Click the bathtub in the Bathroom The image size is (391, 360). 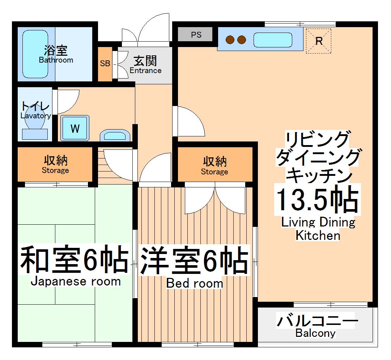[x=35, y=54]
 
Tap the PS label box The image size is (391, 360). [x=196, y=35]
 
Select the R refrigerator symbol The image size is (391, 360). [x=319, y=41]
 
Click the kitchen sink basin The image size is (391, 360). [x=273, y=40]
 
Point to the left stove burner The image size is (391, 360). [x=230, y=39]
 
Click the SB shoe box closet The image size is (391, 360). [x=105, y=64]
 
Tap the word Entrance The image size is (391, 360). [x=145, y=71]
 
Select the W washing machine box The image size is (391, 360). [x=75, y=128]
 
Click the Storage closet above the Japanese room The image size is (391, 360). [x=55, y=164]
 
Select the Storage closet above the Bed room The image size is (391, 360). [x=214, y=165]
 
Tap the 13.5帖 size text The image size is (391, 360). [x=317, y=200]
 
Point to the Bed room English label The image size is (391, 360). [x=194, y=283]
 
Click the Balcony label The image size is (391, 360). [x=315, y=333]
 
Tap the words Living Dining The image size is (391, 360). [x=318, y=222]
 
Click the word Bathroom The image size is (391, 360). [x=56, y=60]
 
